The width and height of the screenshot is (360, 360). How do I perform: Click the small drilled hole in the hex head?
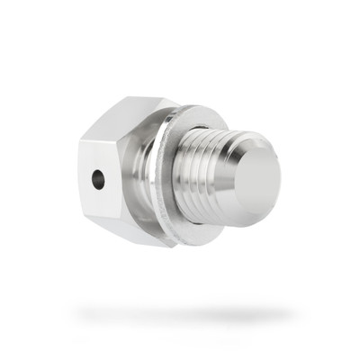coord(98,179)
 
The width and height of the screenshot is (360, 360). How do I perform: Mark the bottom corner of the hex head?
coord(144,245)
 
